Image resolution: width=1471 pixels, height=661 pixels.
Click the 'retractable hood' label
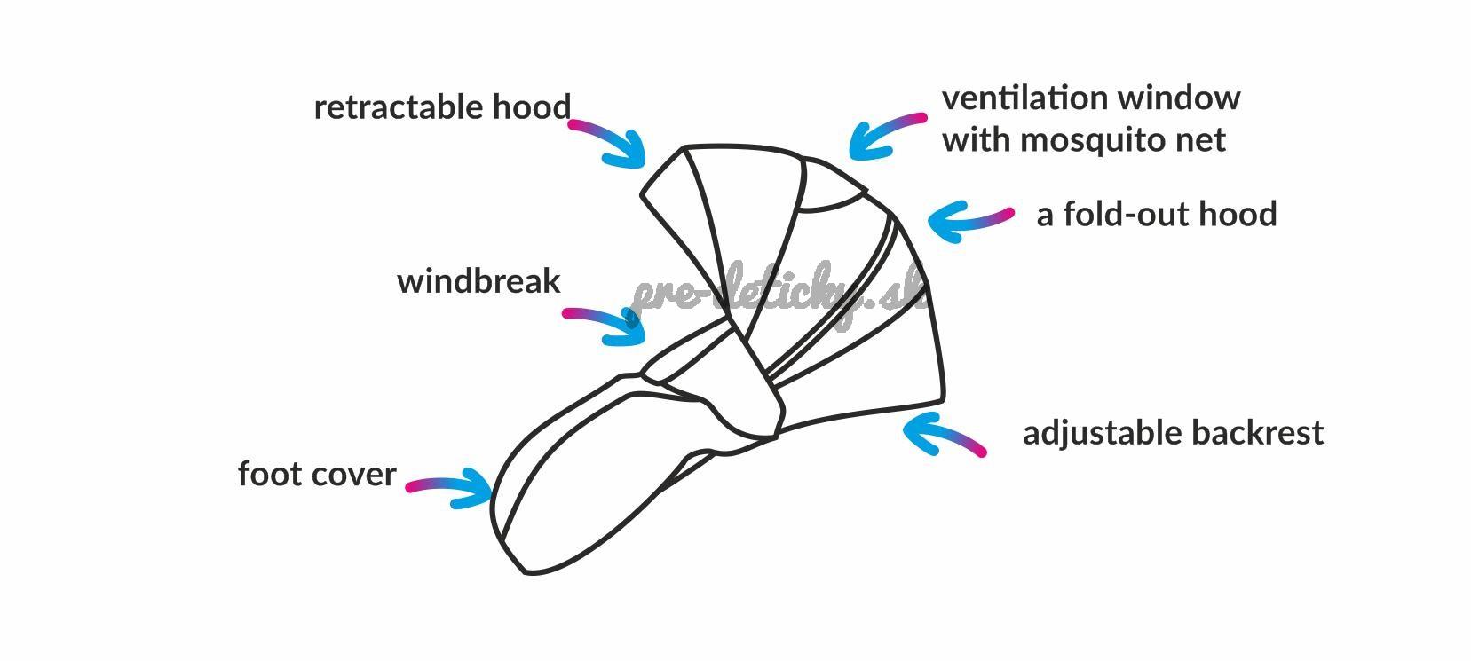coord(442,107)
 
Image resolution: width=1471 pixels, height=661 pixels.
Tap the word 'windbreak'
coord(478,281)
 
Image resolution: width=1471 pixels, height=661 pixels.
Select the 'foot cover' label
coord(316,474)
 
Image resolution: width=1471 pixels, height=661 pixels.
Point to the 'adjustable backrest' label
coord(1173,433)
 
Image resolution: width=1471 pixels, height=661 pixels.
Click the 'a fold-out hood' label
coord(1157,214)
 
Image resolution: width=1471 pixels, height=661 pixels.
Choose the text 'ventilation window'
coord(1091,98)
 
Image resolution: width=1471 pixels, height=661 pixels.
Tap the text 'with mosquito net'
coord(1084,139)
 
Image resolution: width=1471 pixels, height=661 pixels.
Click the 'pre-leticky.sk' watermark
coord(777,293)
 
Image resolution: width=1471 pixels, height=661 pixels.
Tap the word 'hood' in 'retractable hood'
coord(531,107)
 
